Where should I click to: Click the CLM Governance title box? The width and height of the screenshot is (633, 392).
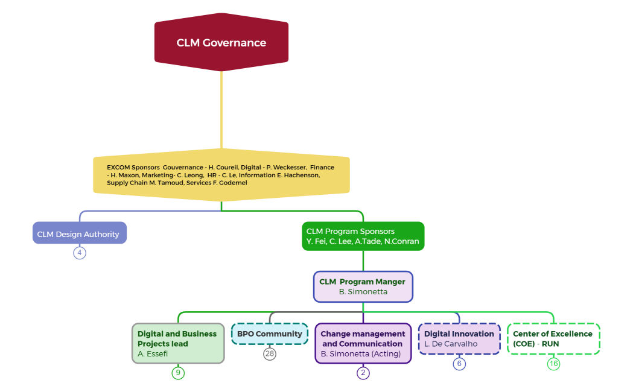coord(221,43)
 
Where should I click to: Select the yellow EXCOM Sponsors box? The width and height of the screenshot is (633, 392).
coord(221,174)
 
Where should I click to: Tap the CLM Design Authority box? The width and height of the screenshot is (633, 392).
coord(79,233)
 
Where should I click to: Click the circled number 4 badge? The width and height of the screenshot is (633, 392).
coord(80,253)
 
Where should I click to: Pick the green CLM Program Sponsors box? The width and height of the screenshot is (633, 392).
coord(363,236)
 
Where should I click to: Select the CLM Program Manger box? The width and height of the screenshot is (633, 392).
coord(363,286)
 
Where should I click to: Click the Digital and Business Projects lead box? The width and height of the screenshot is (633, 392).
coord(178,343)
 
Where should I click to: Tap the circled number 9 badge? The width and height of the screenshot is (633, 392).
coord(177,373)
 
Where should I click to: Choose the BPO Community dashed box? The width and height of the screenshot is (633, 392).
coord(270,334)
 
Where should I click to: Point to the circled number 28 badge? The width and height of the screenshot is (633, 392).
coord(270,353)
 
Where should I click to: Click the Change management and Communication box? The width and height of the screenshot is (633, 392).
coord(363,343)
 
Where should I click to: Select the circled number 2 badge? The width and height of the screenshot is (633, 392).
coord(363,373)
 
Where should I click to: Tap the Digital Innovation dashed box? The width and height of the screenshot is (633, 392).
coord(459,338)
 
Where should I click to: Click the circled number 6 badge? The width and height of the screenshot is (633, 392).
coord(459,364)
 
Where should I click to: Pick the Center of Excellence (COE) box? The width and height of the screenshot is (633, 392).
coord(553,338)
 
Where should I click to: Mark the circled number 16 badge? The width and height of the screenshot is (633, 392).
coord(553,364)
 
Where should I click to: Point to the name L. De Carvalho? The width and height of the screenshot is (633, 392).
coord(450,344)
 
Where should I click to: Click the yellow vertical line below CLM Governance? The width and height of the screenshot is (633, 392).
coord(221,109)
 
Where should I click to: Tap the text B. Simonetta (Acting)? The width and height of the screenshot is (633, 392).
coord(360,353)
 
